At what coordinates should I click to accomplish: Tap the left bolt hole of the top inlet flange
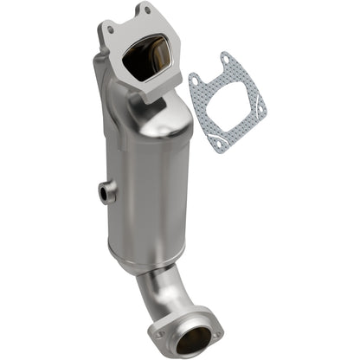click(111, 30)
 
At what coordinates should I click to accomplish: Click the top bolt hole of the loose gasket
click(228, 60)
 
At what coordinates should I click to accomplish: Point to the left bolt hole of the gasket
click(197, 82)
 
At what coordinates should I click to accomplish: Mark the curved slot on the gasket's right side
click(259, 112)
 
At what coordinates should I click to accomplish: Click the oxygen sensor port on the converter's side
click(106, 195)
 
